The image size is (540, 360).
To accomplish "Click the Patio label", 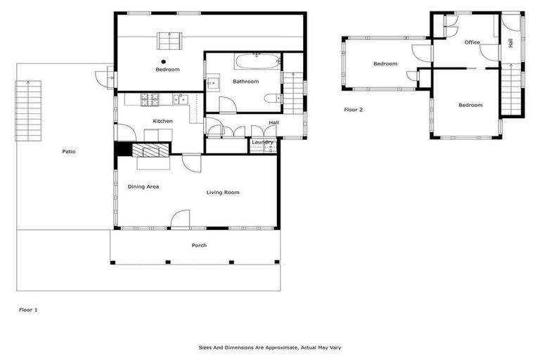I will (68, 151).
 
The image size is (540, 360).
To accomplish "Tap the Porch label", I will (199, 245).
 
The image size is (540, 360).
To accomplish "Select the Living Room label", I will (223, 192).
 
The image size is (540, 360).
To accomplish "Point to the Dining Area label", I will (143, 186).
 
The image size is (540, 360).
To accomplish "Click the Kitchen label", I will (162, 121).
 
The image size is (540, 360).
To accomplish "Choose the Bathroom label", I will (246, 82).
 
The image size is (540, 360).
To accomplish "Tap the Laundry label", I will (262, 143).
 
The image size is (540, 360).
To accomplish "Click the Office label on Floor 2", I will (472, 42).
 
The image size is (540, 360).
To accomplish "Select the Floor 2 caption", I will (353, 110).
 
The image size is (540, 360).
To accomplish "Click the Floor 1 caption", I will (27, 309).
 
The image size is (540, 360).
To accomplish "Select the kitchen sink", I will (180, 99).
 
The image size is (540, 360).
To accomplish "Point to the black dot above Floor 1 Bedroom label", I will (163, 61).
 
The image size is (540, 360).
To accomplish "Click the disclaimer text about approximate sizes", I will (270, 347).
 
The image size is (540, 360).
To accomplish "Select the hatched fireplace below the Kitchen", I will (150, 150).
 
